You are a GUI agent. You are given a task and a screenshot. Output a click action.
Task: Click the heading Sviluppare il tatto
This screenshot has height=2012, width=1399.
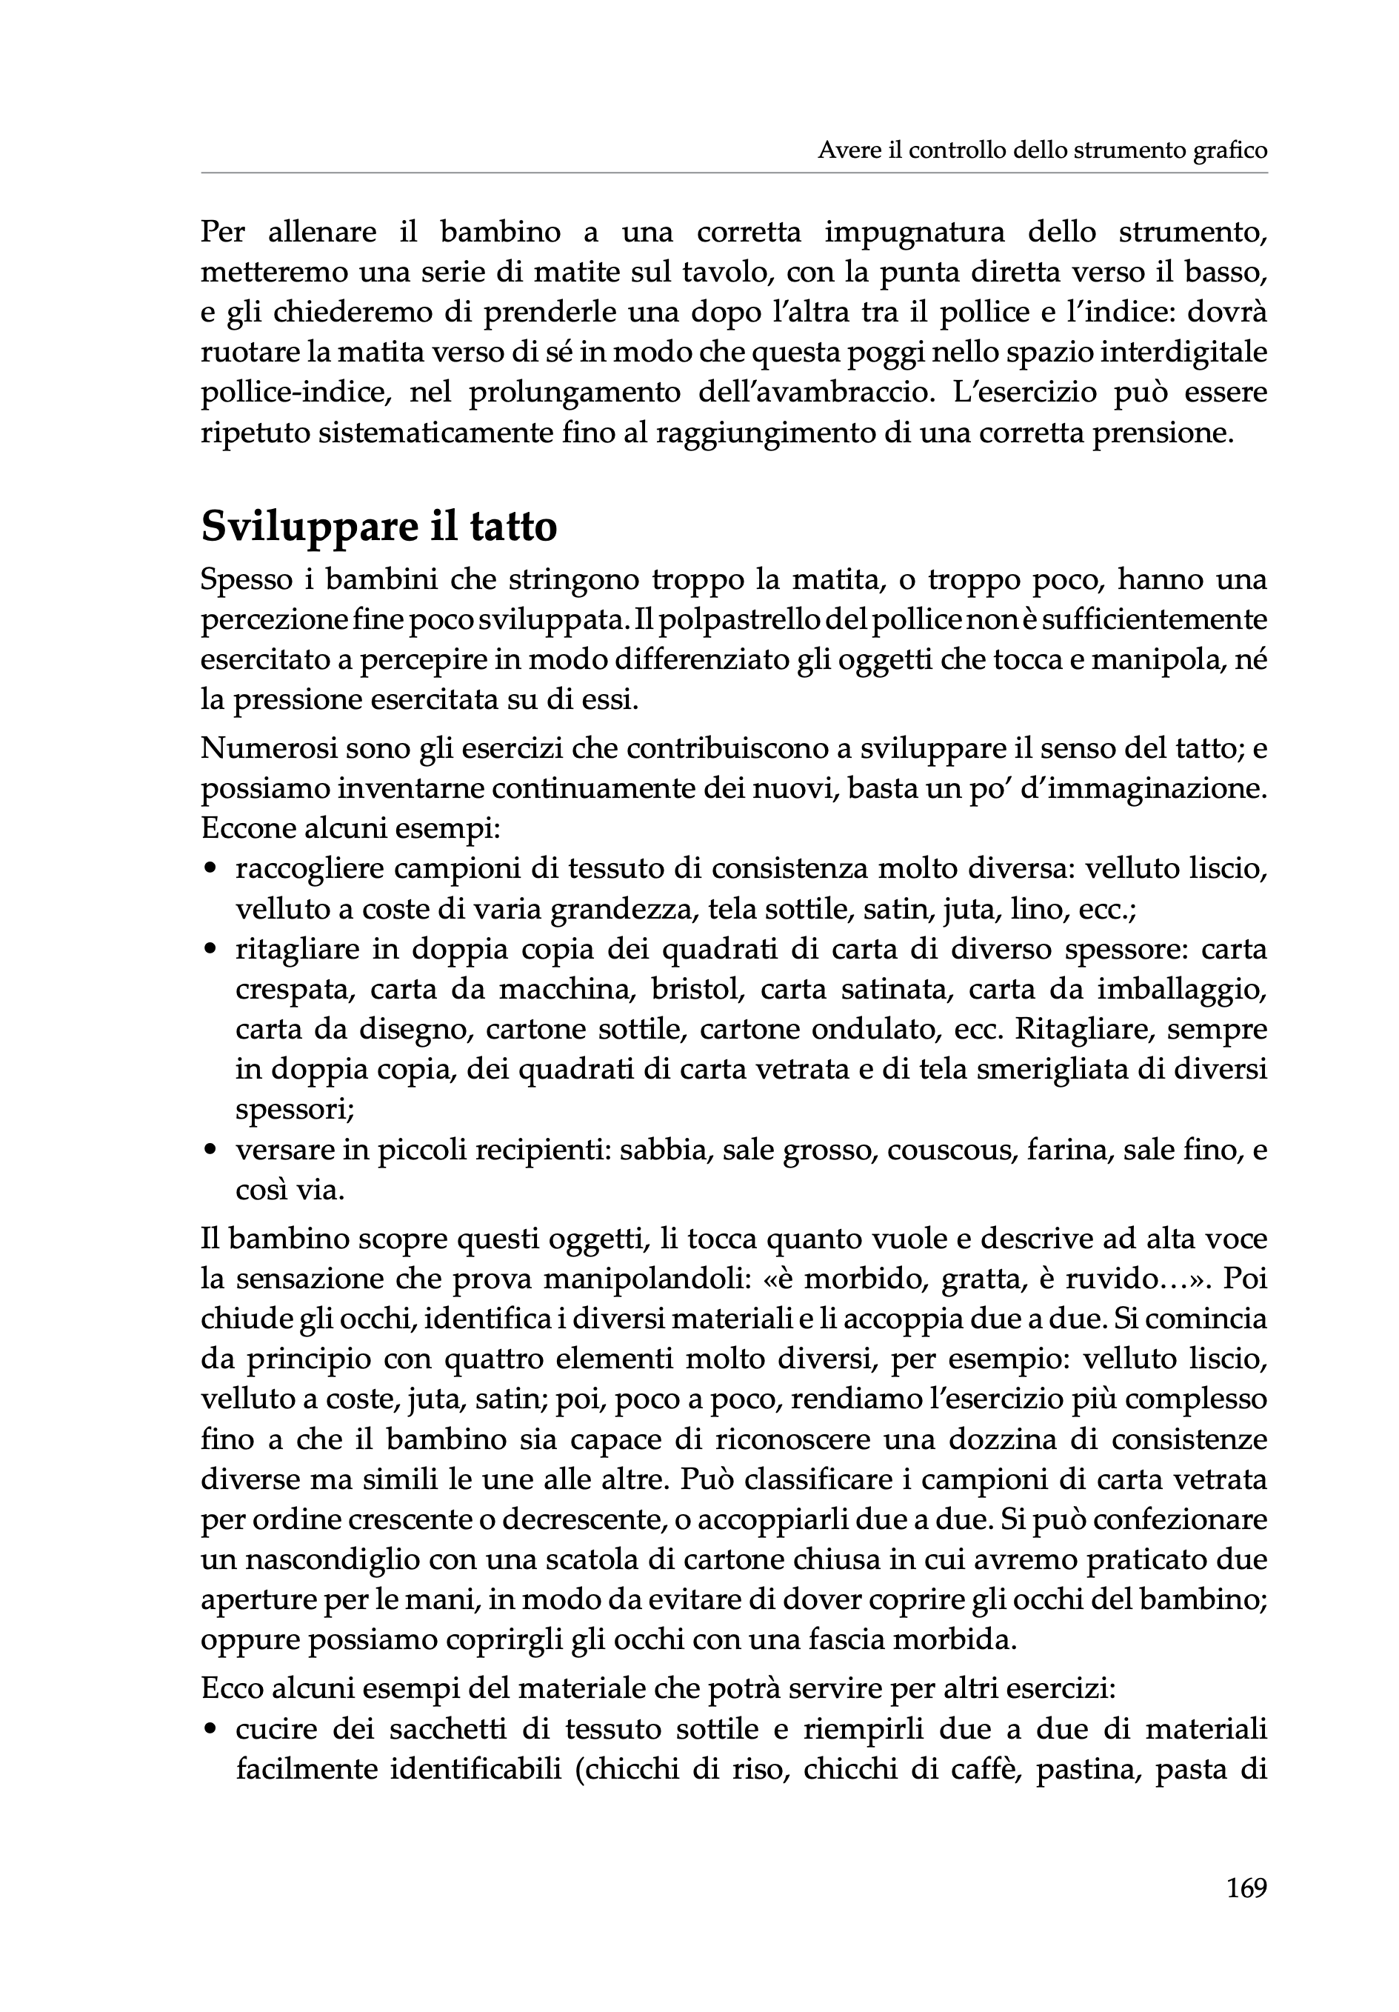(378, 527)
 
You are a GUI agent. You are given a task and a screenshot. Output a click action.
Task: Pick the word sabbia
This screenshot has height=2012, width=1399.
(663, 1150)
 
